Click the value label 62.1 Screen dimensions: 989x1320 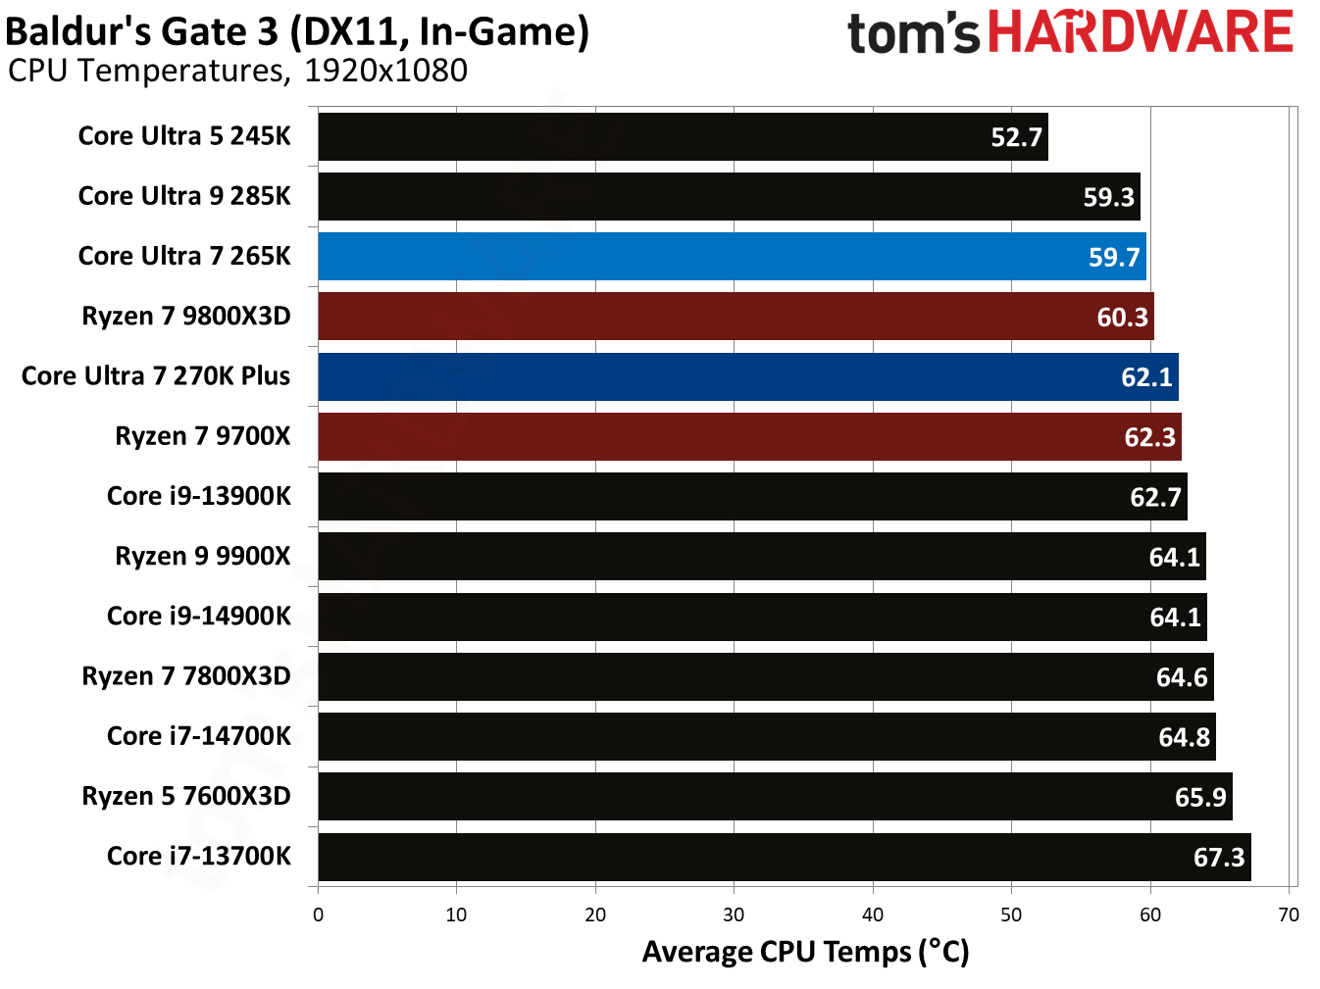1146,377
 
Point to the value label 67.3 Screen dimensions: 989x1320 1218,858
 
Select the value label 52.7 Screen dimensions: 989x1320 1016,137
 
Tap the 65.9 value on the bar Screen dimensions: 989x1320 1200,798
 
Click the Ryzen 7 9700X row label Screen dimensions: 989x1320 203,436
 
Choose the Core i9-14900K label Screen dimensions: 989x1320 199,617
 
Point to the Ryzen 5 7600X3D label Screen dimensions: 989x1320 186,796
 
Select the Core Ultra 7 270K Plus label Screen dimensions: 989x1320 156,376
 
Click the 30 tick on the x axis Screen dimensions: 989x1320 734,915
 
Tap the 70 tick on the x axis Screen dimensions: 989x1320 1289,915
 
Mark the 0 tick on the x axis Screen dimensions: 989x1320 318,915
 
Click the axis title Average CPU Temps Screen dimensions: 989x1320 805,952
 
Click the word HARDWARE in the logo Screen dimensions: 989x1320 1140,32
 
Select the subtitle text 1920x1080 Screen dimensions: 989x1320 385,72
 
